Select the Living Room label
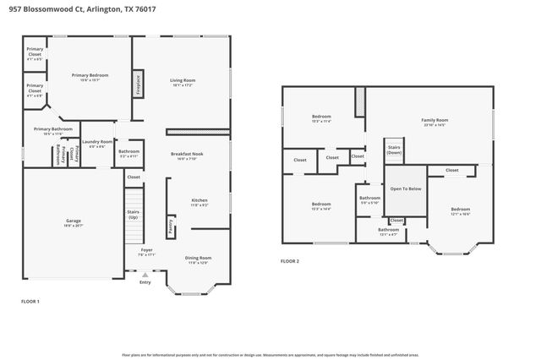(x=183, y=82)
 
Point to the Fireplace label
(x=138, y=85)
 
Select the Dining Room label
(x=198, y=259)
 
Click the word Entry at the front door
(x=145, y=282)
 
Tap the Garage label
(x=74, y=222)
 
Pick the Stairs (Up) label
(x=134, y=214)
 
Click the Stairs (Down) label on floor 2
(x=393, y=149)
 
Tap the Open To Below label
(x=405, y=188)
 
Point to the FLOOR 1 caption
(x=30, y=301)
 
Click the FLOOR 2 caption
(x=290, y=261)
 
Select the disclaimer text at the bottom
(x=270, y=355)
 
